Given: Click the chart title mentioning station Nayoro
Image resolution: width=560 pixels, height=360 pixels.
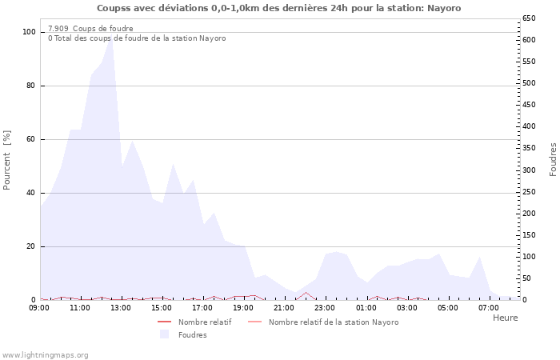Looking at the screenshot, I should point(279,8).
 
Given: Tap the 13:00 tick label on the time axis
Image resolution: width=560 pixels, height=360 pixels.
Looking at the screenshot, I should point(122,308).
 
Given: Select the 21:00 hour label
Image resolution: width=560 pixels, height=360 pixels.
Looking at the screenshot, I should point(285,308).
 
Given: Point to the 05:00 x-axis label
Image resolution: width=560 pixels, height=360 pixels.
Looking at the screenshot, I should point(448,308).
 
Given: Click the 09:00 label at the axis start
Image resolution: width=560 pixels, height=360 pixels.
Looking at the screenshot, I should point(40,308).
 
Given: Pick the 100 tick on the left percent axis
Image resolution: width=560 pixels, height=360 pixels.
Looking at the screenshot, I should point(30,32).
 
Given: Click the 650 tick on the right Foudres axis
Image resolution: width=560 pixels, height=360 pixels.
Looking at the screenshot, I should point(528,18).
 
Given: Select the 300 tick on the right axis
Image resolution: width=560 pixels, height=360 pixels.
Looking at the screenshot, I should point(528,170).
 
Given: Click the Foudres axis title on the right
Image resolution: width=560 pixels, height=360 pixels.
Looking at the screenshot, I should point(553,160).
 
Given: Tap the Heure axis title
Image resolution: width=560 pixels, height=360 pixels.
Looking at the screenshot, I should point(505,318).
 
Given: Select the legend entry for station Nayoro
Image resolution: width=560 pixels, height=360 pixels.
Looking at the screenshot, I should point(333,322).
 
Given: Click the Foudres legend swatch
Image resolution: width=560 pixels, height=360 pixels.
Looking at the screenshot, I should point(165,334).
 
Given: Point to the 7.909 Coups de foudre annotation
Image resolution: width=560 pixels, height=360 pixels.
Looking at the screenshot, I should point(90,29).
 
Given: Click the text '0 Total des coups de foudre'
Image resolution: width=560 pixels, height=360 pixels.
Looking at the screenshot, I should point(137,38).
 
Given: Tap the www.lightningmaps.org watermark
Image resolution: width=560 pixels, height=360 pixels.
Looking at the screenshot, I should point(45,354).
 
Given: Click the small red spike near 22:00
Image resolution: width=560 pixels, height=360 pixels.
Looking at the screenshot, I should point(305,293).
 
